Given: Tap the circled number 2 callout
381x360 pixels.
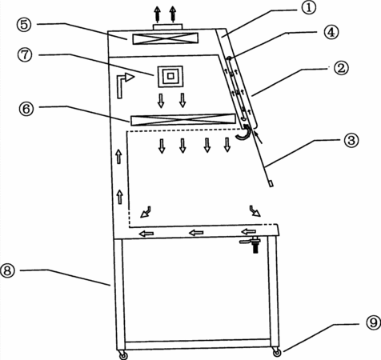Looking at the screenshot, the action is (341, 67).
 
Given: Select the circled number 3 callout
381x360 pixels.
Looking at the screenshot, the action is (351, 140).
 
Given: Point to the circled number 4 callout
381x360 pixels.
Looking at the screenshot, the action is (331, 32).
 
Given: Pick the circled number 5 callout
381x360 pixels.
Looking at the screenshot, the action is (24, 24).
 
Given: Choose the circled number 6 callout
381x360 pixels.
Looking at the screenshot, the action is (26, 109).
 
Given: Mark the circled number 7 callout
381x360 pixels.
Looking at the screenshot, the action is (25, 54).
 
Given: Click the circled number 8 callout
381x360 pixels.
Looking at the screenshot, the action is (7, 270).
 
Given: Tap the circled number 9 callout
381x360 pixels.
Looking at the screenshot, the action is (373, 323).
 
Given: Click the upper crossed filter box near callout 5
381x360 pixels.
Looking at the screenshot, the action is (166, 38).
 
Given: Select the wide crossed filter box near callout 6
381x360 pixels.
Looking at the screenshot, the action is (183, 119).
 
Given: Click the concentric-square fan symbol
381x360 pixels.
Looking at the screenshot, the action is (170, 76).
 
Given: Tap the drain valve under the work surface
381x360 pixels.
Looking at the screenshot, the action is (251, 244).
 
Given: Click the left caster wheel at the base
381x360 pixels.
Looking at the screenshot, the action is (123, 354).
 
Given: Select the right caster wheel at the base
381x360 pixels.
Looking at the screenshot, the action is (277, 352).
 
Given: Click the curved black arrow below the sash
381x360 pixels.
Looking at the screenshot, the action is (243, 132).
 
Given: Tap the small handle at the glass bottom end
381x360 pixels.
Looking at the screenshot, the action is (271, 183).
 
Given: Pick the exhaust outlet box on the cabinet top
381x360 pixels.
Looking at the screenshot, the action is (168, 26).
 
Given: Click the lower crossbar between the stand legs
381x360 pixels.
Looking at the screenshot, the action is (198, 344).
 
